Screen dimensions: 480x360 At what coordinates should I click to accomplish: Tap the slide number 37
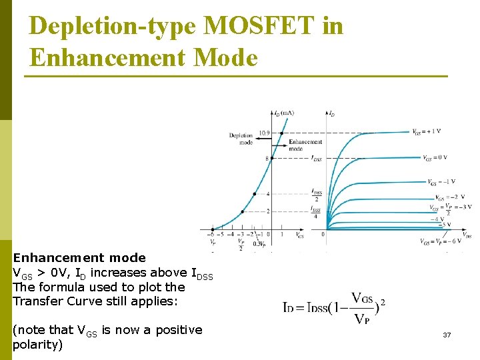[x=447, y=334]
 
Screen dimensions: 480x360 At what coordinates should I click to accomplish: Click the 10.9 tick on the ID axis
[x=264, y=133]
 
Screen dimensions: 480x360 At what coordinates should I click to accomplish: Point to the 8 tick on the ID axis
[x=267, y=158]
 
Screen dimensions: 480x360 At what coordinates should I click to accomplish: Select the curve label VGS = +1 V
[x=426, y=131]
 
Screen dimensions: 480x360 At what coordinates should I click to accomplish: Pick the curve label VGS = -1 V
[x=441, y=181]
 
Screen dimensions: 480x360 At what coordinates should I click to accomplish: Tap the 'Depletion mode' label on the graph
[x=241, y=139]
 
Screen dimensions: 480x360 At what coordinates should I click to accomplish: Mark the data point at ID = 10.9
[x=281, y=133]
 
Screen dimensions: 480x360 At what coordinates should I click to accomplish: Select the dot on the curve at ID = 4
[x=254, y=194]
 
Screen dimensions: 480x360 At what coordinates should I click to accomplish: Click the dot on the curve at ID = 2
[x=242, y=211]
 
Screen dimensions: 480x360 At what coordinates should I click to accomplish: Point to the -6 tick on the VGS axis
[x=211, y=234]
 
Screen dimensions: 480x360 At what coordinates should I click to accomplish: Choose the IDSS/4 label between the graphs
[x=317, y=212]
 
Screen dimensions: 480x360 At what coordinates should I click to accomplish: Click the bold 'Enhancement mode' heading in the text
[x=79, y=258]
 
